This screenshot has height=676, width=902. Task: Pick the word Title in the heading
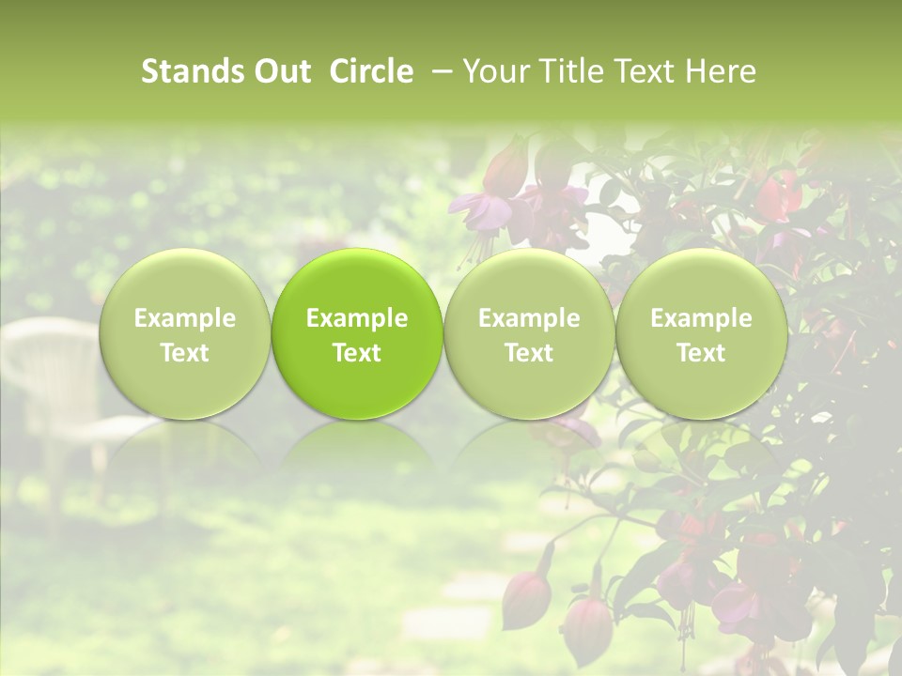(x=570, y=71)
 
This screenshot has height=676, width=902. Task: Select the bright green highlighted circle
(x=357, y=334)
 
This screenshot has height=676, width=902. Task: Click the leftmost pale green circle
(x=184, y=334)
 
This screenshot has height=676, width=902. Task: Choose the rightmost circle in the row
(x=701, y=334)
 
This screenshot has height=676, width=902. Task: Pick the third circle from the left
(x=529, y=334)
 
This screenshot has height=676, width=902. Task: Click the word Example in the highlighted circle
(x=357, y=318)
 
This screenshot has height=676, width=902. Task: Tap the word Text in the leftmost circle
(x=184, y=353)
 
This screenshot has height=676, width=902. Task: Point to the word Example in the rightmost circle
(x=701, y=318)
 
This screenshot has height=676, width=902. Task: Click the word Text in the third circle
(x=529, y=353)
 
